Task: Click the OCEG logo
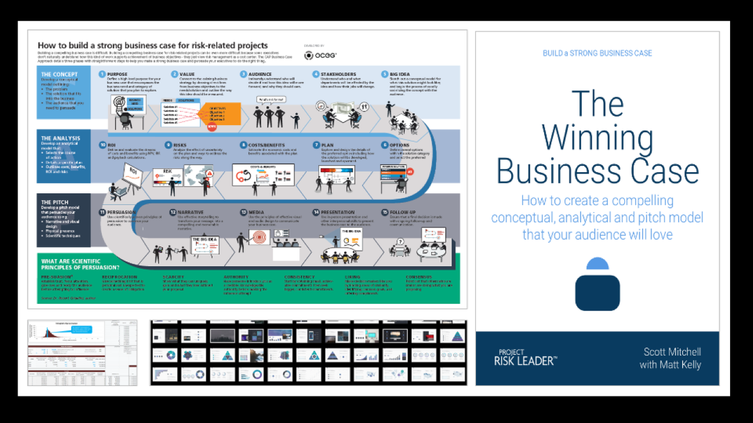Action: click(320, 56)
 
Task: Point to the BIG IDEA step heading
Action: click(400, 74)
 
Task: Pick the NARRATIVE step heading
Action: click(190, 213)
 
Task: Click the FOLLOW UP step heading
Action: click(403, 213)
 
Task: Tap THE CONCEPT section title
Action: click(59, 74)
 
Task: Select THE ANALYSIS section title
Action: click(60, 138)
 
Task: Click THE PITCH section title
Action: click(54, 202)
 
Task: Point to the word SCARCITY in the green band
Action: click(173, 277)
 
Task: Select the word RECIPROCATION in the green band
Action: click(120, 277)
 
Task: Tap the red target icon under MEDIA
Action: click(261, 240)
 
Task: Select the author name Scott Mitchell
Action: click(672, 352)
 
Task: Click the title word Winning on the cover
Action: click(597, 138)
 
